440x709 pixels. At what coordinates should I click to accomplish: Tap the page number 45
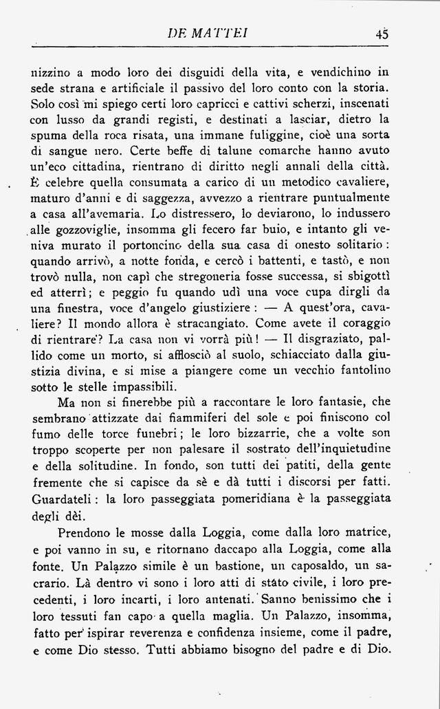point(382,32)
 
